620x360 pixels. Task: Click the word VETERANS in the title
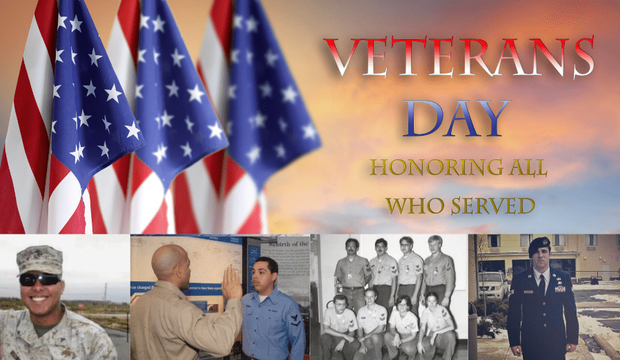pyautogui.click(x=459, y=57)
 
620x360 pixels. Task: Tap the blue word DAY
pyautogui.click(x=457, y=118)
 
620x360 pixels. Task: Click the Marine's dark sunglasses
pyautogui.click(x=39, y=279)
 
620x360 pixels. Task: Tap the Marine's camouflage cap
pyautogui.click(x=39, y=259)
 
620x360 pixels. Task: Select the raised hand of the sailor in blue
pyautogui.click(x=231, y=283)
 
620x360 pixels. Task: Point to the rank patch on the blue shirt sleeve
pyautogui.click(x=295, y=319)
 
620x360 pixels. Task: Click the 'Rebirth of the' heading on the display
pyautogui.click(x=285, y=243)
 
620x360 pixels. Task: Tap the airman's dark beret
pyautogui.click(x=539, y=245)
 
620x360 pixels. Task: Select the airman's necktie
pyautogui.click(x=542, y=285)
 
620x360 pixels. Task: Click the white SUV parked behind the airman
pyautogui.click(x=492, y=285)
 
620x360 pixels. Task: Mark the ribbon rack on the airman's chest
pyautogui.click(x=560, y=289)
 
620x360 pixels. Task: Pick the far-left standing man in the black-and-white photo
pyautogui.click(x=352, y=273)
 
